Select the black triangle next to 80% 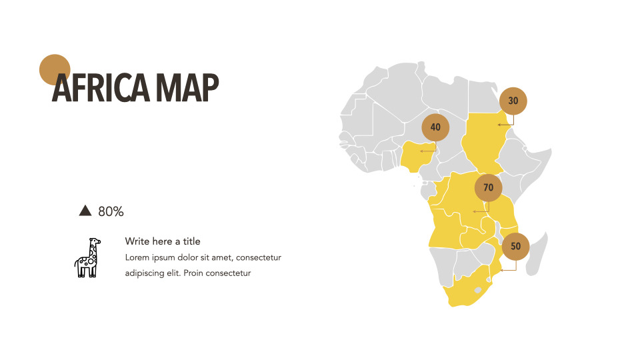85,211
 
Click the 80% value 111,211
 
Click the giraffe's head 95,242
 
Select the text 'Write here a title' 163,241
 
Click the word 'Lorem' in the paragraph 137,257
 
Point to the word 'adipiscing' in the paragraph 145,273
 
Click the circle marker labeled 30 513,101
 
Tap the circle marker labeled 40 435,127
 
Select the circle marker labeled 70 489,188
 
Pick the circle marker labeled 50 515,246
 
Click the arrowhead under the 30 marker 499,125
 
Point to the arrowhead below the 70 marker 474,211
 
